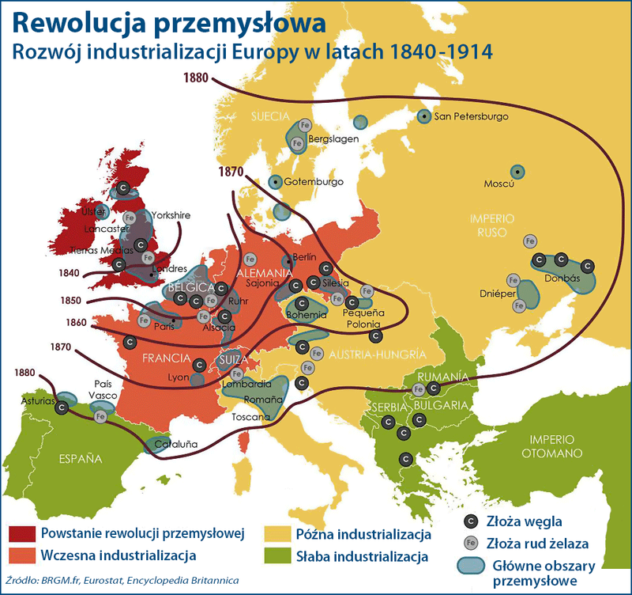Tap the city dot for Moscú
click(x=517, y=170)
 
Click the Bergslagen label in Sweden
click(x=333, y=138)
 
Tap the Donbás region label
click(x=562, y=279)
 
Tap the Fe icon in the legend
click(x=471, y=543)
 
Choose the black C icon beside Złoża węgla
click(x=471, y=521)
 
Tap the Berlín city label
click(x=304, y=257)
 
